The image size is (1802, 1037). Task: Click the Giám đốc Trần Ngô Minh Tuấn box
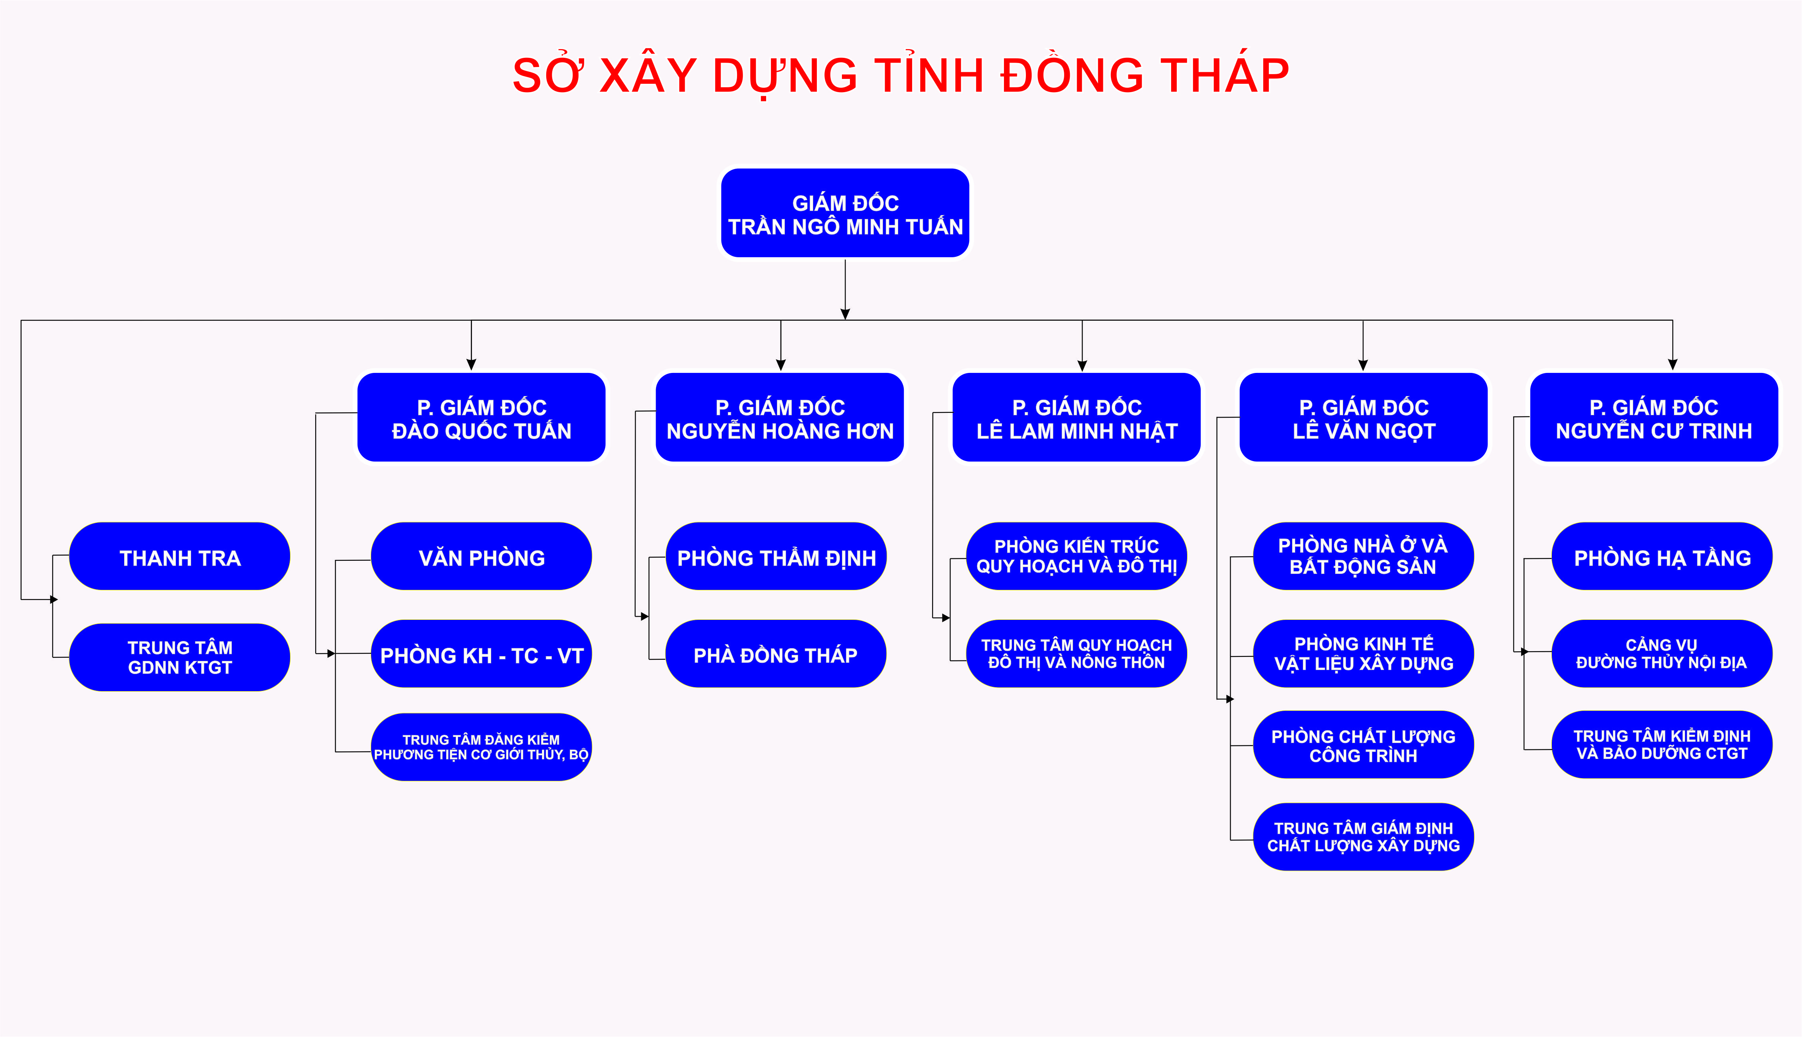pos(845,213)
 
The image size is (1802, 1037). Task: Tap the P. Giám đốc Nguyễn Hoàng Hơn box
pos(780,417)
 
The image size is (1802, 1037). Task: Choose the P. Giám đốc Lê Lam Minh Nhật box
pos(1077,417)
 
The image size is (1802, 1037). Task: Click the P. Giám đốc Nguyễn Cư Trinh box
pos(1654,417)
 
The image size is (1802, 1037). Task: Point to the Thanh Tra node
pos(180,556)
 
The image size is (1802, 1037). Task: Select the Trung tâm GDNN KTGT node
pos(180,657)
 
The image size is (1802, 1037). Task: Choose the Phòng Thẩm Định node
pos(776,556)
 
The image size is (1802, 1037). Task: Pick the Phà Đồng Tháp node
pos(776,654)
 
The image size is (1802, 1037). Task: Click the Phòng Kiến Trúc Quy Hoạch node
pos(1077,556)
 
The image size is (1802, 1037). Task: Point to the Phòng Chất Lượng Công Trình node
pos(1363,745)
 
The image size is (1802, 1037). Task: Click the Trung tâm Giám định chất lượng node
pos(1363,837)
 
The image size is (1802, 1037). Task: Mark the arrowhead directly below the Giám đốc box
pos(845,314)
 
